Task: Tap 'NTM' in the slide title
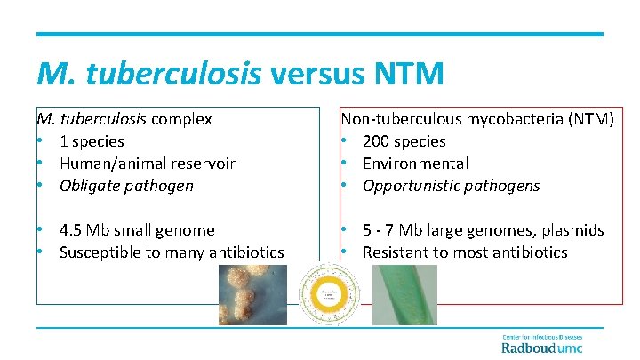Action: click(x=412, y=72)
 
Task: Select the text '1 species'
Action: click(x=92, y=140)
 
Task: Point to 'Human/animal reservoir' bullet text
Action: click(x=147, y=163)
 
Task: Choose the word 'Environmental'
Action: click(x=415, y=163)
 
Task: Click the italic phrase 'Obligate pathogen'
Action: click(x=125, y=186)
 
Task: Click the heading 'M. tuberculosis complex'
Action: click(x=124, y=118)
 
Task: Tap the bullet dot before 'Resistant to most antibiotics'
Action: click(x=345, y=252)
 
